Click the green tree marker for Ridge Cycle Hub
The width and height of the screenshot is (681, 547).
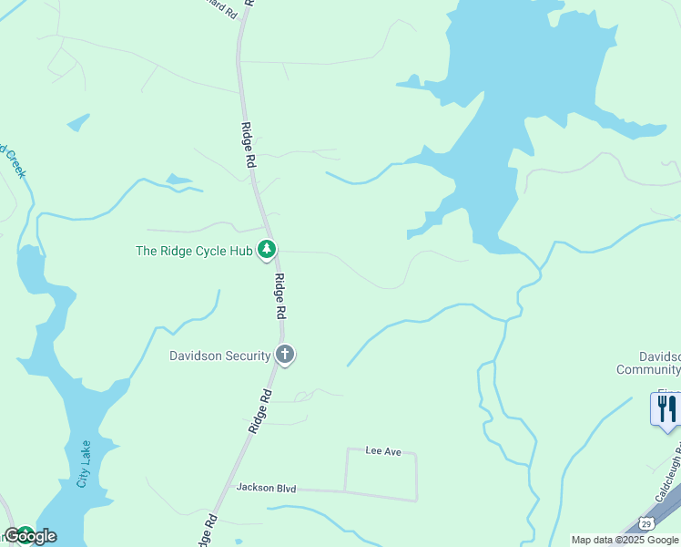click(x=267, y=249)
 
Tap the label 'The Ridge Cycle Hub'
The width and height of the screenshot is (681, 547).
click(x=194, y=251)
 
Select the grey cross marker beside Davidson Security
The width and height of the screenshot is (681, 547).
click(x=285, y=355)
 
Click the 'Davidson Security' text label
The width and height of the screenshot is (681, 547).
click(x=220, y=356)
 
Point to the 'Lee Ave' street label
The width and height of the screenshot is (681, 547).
click(x=383, y=450)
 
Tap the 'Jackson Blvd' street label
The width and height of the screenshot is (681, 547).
click(x=267, y=489)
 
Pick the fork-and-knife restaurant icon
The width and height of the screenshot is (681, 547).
click(x=666, y=409)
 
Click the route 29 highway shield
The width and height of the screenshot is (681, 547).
click(x=645, y=523)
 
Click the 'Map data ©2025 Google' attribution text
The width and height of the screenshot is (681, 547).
click(x=625, y=540)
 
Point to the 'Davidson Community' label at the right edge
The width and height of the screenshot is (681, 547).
click(x=649, y=363)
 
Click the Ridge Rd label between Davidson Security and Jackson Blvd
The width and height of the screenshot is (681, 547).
click(x=259, y=411)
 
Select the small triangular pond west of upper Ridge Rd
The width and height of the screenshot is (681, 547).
click(x=78, y=122)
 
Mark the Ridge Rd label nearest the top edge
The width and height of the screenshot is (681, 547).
click(x=247, y=144)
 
